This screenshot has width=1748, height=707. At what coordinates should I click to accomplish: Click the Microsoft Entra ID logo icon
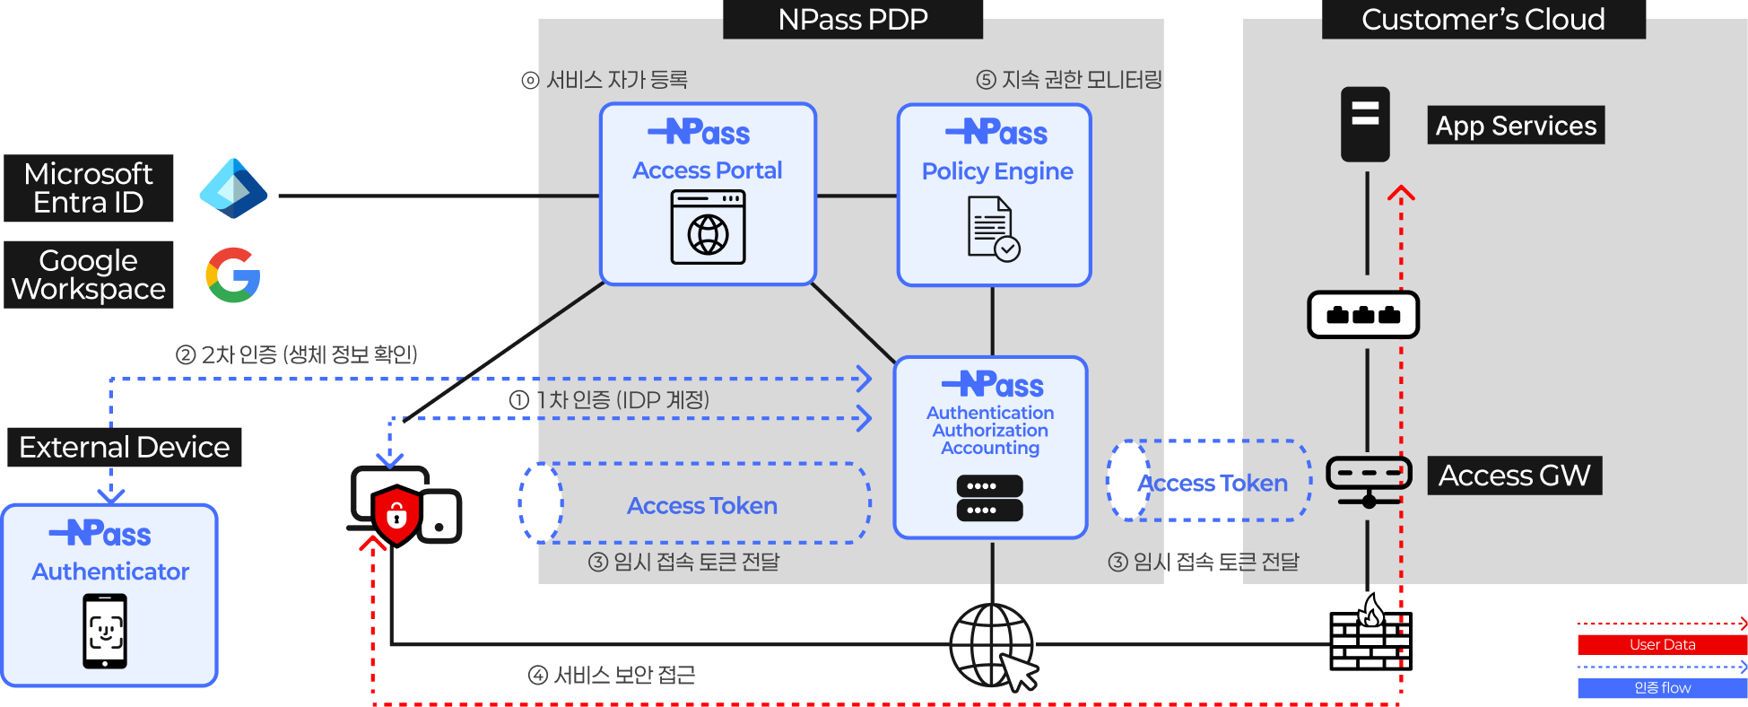pyautogui.click(x=233, y=188)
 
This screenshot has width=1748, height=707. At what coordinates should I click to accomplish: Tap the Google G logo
pyautogui.click(x=233, y=275)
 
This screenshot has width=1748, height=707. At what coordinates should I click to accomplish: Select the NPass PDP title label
pyautogui.click(x=852, y=20)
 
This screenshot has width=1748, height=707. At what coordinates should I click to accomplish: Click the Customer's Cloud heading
pyautogui.click(x=1483, y=20)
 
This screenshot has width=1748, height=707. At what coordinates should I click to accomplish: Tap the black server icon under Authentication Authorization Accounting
pyautogui.click(x=989, y=498)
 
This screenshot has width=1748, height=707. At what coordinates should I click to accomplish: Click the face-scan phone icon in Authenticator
pyautogui.click(x=105, y=632)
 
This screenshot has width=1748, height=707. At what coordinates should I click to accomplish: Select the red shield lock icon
pyautogui.click(x=396, y=516)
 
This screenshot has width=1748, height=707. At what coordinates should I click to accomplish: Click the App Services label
pyautogui.click(x=1515, y=126)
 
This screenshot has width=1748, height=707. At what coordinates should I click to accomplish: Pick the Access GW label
pyautogui.click(x=1514, y=476)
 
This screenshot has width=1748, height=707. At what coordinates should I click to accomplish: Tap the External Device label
pyautogui.click(x=125, y=447)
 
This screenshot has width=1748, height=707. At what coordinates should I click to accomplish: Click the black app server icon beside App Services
pyautogui.click(x=1365, y=124)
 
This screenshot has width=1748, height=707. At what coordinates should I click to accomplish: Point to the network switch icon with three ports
pyautogui.click(x=1363, y=315)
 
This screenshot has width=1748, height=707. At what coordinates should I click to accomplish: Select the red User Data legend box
pyautogui.click(x=1662, y=644)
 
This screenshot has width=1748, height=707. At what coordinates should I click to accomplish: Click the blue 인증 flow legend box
pyautogui.click(x=1662, y=688)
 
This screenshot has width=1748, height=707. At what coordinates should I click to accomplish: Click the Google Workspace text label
pyautogui.click(x=89, y=275)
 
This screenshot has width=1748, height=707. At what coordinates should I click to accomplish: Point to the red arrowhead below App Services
pyautogui.click(x=1401, y=193)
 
